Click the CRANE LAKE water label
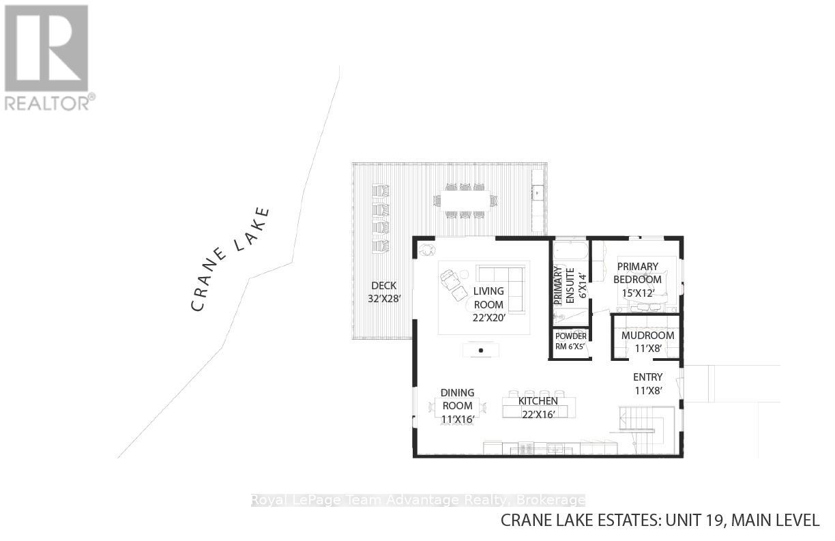coord(231,259)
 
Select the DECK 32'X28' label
coord(383,292)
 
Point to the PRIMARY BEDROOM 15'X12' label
coord(637,279)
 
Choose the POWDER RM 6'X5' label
coord(570,340)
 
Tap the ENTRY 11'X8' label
coord(647,383)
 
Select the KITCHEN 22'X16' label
coord(538,407)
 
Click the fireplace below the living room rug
coord(481,350)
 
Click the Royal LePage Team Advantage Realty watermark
coord(417,500)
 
